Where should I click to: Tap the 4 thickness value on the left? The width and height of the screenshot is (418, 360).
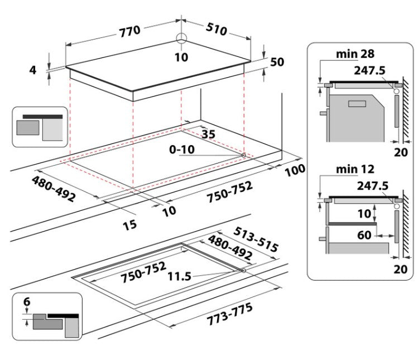coord(33,70)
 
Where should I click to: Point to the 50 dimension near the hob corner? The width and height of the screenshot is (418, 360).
coord(277,62)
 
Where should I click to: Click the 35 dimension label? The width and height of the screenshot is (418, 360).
coord(208,134)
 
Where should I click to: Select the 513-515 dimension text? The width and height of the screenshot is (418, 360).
coord(256,239)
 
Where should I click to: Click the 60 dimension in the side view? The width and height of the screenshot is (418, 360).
coord(364,235)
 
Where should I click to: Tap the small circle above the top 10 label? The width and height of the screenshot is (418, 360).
coord(181,39)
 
